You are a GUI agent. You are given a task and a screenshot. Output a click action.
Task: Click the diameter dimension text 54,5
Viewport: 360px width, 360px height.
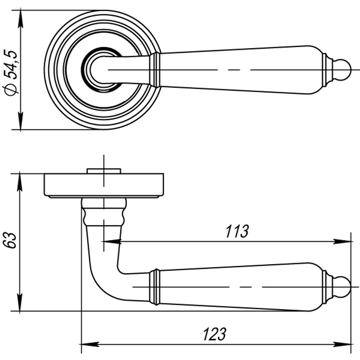coord(11,65)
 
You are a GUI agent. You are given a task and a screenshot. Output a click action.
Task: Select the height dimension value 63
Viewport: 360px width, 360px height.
coord(10,240)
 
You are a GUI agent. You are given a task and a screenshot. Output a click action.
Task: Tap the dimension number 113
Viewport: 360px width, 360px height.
coord(237,231)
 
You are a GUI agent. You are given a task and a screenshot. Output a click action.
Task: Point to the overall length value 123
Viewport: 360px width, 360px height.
coord(215,334)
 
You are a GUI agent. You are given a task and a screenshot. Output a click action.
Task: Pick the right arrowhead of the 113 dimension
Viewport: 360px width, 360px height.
coord(342,242)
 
